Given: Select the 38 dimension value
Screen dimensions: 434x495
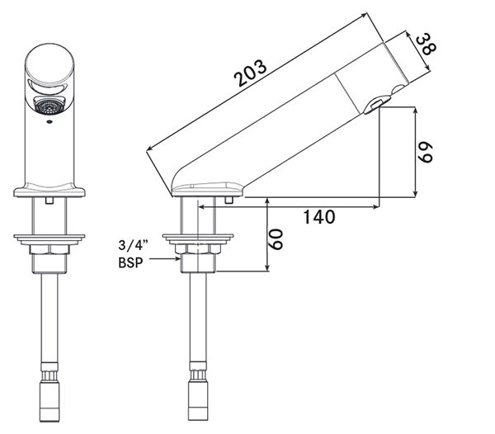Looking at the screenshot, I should pos(425,45).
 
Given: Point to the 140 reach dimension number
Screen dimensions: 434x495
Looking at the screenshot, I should pos(318,217).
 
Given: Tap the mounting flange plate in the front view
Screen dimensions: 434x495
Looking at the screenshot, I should pos(49,239).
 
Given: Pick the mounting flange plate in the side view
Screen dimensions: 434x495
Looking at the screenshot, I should pos(198,239).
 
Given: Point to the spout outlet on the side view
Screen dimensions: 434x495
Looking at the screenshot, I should pos(374,104).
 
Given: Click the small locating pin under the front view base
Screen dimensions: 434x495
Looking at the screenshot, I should pos(49,200).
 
